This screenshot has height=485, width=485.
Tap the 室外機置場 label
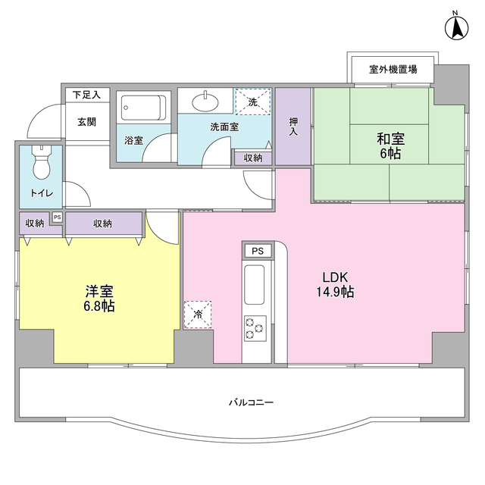393,70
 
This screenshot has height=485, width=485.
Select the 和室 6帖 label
390,145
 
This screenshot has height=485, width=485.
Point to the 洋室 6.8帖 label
99,298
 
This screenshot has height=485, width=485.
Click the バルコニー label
250,402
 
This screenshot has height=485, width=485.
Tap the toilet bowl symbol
41,161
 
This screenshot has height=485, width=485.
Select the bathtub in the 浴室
143,108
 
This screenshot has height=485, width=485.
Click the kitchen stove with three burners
255,328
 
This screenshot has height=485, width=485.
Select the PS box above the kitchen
258,251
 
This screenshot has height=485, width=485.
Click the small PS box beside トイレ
57,217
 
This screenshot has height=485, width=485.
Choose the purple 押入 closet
293,127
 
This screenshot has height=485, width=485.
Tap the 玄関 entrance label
86,121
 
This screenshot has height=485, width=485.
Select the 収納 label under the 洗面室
252,158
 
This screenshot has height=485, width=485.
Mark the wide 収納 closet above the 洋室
104,224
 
